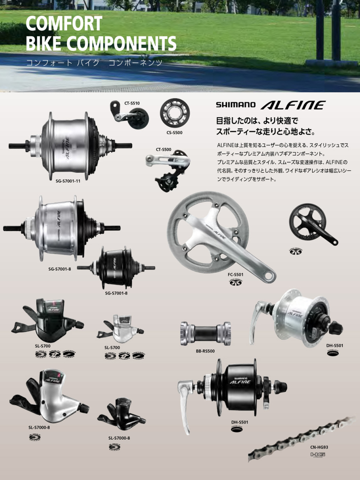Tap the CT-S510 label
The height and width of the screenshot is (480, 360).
(132, 103)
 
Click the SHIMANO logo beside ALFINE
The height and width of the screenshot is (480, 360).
(235, 104)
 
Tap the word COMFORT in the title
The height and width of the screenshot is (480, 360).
(64, 24)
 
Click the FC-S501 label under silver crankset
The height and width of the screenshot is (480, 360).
(236, 275)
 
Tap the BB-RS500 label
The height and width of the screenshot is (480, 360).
(205, 351)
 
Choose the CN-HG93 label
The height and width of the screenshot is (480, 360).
(319, 447)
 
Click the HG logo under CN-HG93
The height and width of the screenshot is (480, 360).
(318, 455)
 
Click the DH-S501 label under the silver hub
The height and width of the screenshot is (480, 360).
(335, 346)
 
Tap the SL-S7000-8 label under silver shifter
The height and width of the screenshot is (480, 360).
(39, 427)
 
